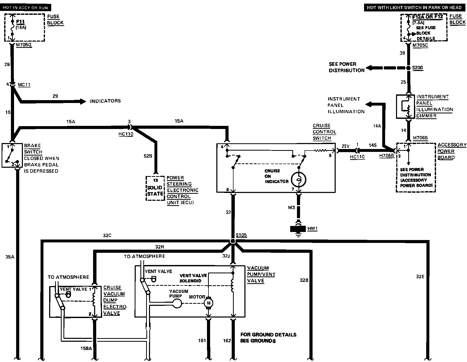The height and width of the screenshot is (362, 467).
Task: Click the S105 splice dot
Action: [233, 241]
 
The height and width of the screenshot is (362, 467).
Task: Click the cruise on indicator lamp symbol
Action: [299, 179]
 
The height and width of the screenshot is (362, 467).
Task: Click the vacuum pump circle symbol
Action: [177, 303]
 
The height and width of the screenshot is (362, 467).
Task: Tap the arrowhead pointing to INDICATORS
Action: [83, 101]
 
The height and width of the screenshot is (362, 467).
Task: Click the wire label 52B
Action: [148, 156]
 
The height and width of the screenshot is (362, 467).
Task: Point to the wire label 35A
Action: [10, 257]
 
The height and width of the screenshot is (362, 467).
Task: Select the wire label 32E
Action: [420, 276]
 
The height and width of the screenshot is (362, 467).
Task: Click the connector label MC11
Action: [24, 85]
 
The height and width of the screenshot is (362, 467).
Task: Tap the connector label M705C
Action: [420, 46]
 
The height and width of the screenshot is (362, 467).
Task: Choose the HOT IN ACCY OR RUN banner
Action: [25, 8]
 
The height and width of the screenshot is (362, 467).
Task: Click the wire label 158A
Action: [86, 348]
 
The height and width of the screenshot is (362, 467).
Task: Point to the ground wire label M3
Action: [291, 208]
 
